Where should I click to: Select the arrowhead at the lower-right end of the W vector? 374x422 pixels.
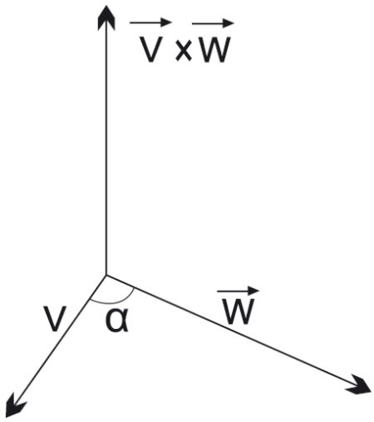[358, 385]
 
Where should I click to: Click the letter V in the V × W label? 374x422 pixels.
[150, 49]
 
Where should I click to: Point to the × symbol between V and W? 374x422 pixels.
[184, 52]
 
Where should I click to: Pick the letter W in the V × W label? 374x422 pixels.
[214, 49]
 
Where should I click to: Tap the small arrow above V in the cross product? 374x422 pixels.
[150, 22]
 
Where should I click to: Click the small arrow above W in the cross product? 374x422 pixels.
[213, 23]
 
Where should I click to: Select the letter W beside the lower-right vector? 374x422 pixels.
[239, 312]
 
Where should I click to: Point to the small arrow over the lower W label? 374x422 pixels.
[239, 291]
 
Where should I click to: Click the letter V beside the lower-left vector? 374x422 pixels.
[56, 319]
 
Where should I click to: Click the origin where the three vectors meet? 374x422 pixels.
[106, 276]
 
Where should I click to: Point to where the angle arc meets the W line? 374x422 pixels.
[135, 288]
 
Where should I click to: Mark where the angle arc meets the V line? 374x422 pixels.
[91, 299]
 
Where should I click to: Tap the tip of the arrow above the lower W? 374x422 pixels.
[259, 291]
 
